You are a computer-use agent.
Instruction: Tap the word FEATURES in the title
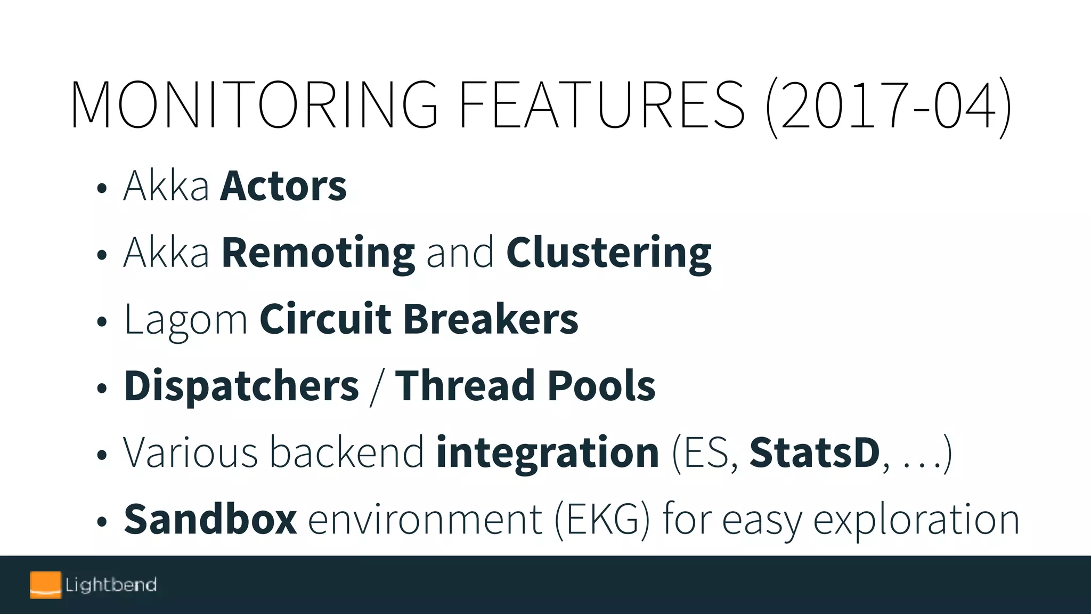tap(601, 104)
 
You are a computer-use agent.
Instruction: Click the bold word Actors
tap(283, 186)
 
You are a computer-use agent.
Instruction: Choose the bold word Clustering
tap(608, 254)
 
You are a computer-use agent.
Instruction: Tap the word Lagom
tap(186, 320)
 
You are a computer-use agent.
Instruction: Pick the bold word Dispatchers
tap(241, 386)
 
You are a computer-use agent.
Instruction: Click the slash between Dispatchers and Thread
tap(377, 387)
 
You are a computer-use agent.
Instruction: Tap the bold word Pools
tap(601, 385)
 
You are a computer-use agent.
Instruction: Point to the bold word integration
tap(548, 453)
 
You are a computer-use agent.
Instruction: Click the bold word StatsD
tap(815, 453)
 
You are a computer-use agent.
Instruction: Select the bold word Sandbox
tap(210, 519)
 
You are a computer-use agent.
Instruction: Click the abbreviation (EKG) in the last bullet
tap(602, 520)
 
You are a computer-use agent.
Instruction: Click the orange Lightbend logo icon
tap(45, 585)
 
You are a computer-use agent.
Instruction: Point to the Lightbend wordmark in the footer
tap(111, 585)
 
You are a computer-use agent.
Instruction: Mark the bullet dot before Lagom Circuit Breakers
tap(102, 322)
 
